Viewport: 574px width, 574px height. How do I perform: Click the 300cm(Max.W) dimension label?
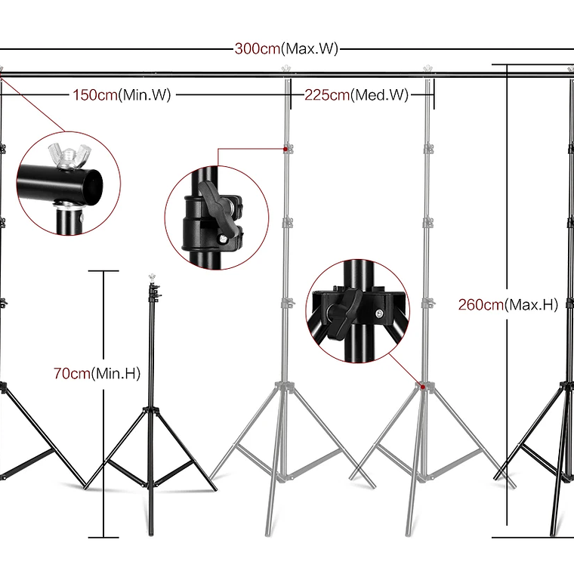coord(286,49)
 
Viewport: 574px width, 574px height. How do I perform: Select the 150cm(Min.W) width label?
coord(122,95)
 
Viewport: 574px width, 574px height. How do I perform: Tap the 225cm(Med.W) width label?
coord(356,95)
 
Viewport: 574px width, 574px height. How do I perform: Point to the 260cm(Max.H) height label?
coord(508,305)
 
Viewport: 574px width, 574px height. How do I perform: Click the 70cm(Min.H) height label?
coord(97,373)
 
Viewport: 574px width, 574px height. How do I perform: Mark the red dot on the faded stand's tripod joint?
coord(424,387)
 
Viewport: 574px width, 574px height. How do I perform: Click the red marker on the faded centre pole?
coord(286,150)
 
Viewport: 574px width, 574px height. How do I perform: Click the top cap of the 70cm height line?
coord(103,270)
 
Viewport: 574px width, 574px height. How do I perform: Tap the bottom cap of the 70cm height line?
coord(103,537)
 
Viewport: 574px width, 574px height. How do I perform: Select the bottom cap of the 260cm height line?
coord(508,536)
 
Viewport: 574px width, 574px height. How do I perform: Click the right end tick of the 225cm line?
coord(434,95)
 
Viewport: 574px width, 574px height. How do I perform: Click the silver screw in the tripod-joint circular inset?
coord(376,311)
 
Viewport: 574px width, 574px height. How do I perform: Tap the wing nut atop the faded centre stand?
coord(285,69)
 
